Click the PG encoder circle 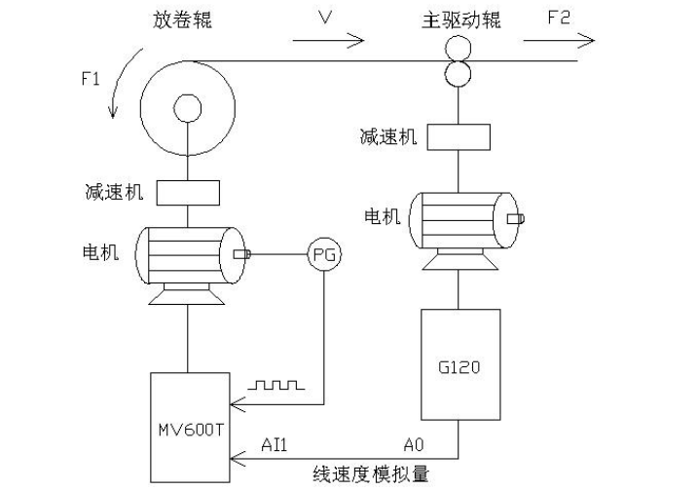point(324,255)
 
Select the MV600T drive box point(189,427)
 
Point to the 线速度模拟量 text point(371,474)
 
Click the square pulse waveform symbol point(277,386)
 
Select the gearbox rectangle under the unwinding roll point(188,192)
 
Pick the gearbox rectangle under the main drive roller point(459,136)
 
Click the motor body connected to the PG point(188,254)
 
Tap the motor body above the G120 point(460,218)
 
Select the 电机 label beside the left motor point(100,252)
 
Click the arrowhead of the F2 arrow point(587,40)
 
